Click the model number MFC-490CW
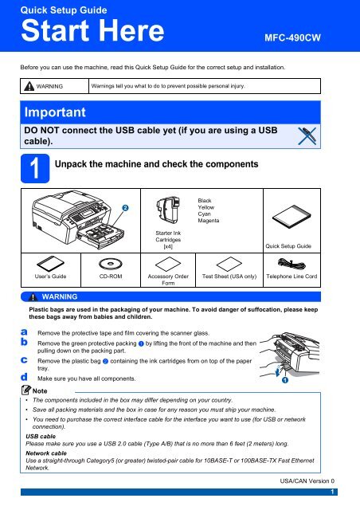292,37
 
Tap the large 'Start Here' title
92,30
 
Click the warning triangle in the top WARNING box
29,86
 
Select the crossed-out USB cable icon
307,136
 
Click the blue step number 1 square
35,168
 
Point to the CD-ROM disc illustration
111,264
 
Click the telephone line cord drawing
292,264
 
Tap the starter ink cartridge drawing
168,210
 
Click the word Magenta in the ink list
209,221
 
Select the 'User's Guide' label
50,277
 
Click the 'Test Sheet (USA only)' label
229,277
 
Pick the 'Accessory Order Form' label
168,280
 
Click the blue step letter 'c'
24,360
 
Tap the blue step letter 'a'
24,332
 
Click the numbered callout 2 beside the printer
125,208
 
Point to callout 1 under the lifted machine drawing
285,380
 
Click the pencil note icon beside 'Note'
26,390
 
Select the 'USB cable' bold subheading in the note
41,436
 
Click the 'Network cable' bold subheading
46,453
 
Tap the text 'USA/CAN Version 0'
307,481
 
